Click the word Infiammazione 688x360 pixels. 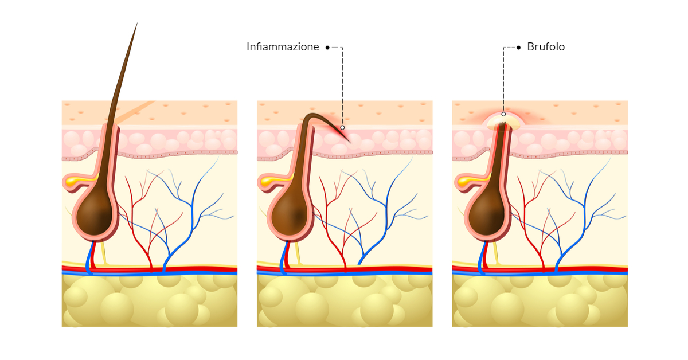point(283,48)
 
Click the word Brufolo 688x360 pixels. point(546,48)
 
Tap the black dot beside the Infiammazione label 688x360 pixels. point(327,48)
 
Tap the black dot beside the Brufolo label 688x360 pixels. point(518,48)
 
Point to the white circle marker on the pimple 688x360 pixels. point(503,114)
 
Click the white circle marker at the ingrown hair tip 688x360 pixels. point(342,127)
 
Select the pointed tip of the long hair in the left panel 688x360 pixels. point(136,24)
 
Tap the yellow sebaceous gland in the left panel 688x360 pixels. point(74,182)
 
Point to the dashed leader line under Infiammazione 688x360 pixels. point(342,86)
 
